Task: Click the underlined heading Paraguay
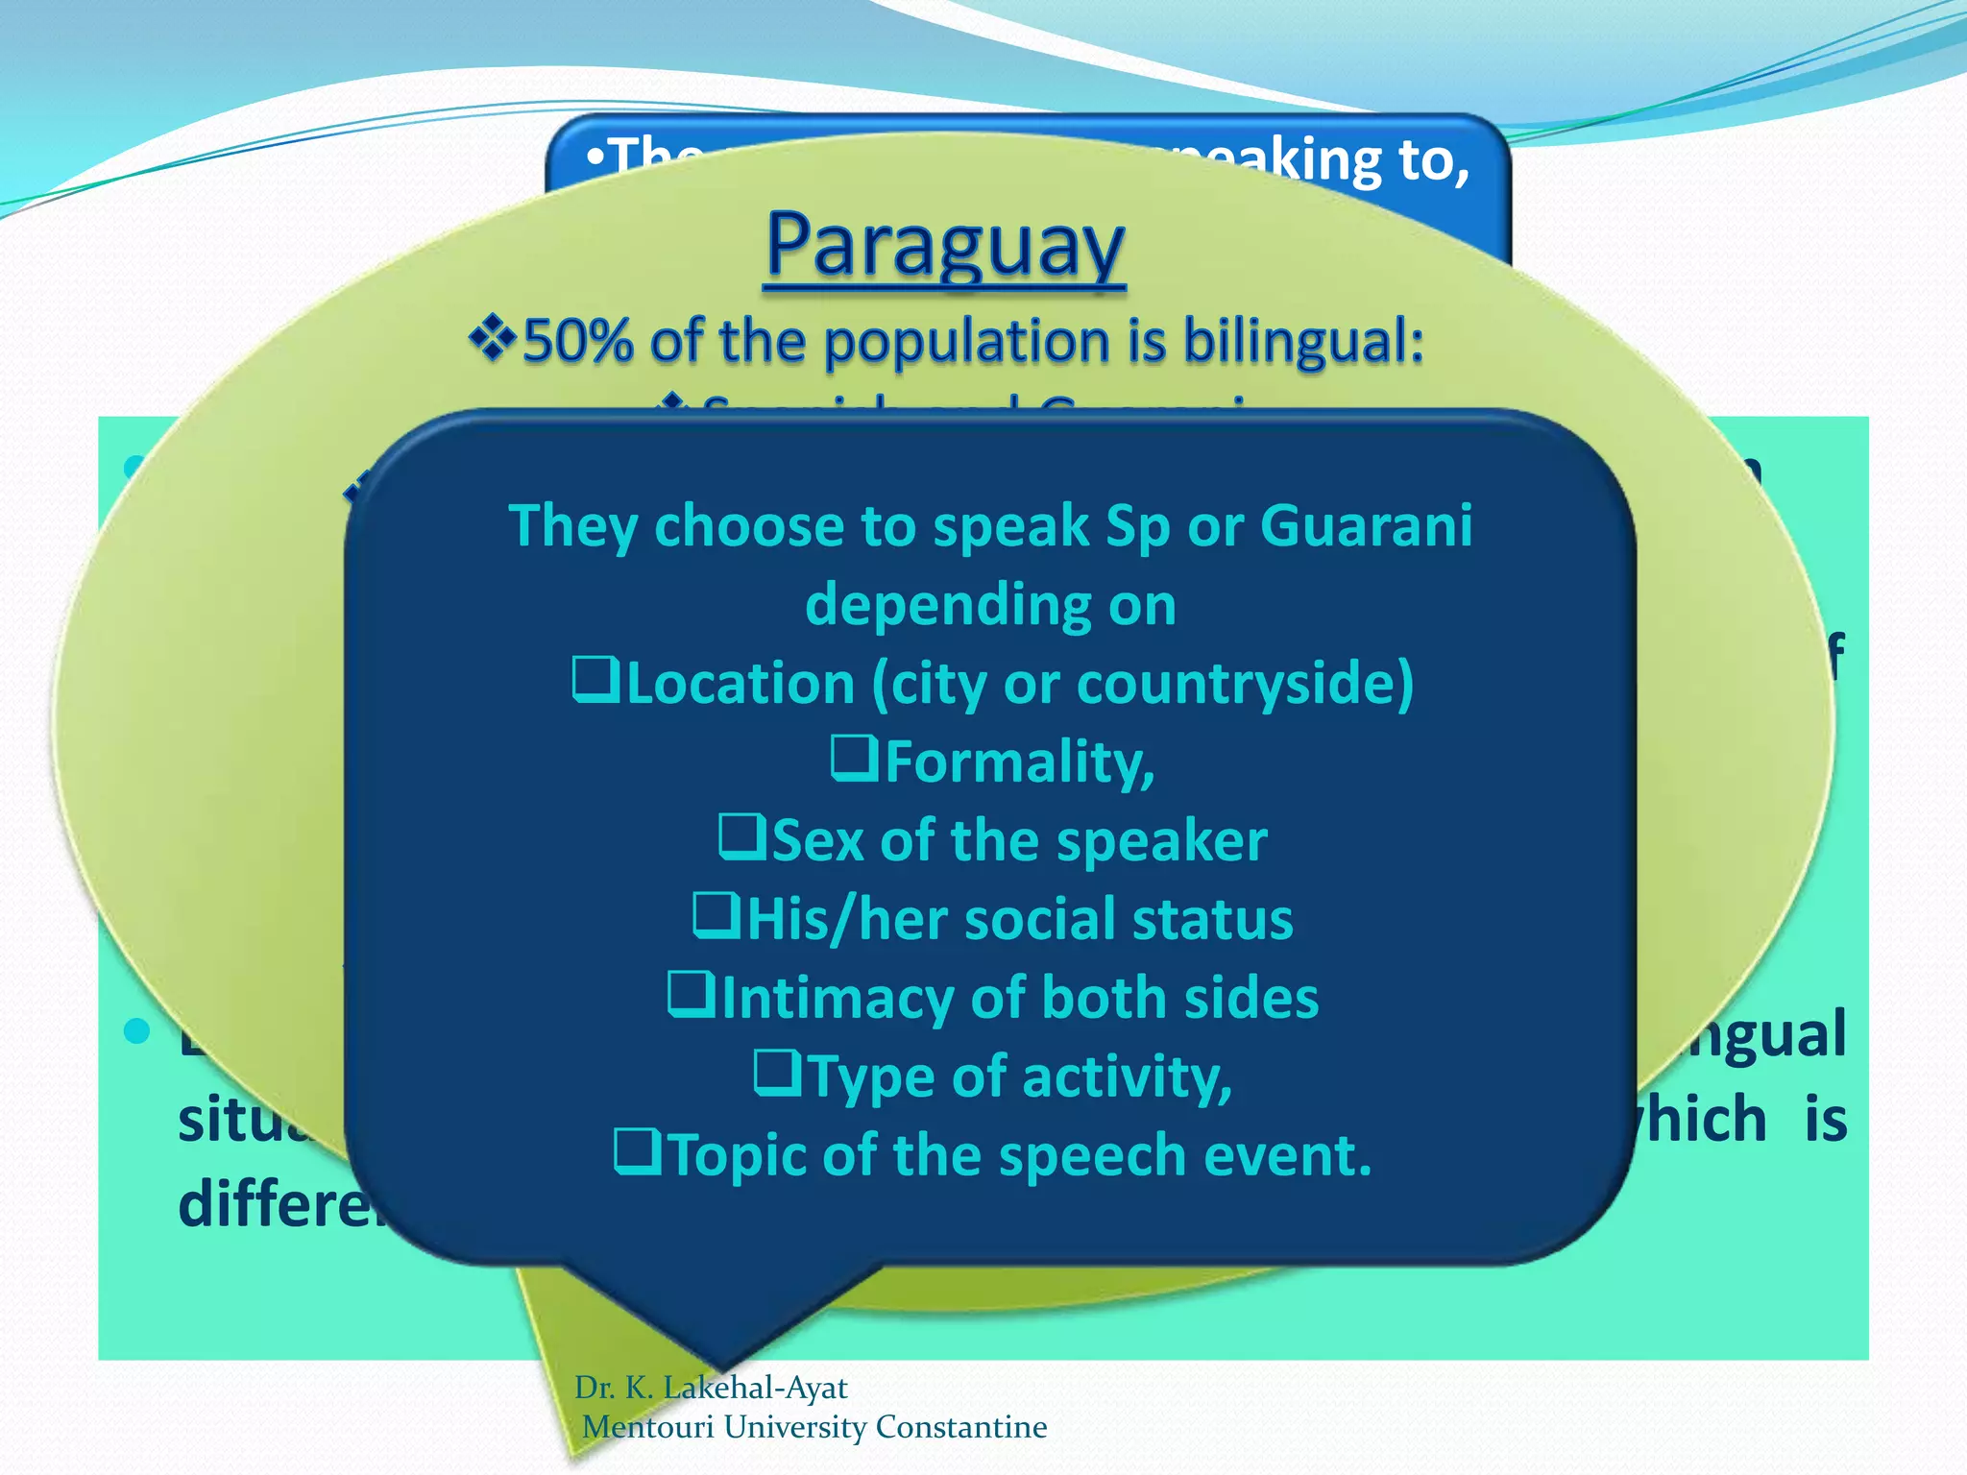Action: tap(945, 245)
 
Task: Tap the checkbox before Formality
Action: tap(854, 759)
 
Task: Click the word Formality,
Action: tap(1019, 762)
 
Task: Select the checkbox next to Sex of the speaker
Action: tap(742, 837)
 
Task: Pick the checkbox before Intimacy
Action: tap(691, 995)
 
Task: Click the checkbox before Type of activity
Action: tap(777, 1074)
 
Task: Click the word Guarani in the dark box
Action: tap(1365, 526)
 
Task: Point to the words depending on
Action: tap(990, 605)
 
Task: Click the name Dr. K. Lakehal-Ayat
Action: tap(711, 1388)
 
